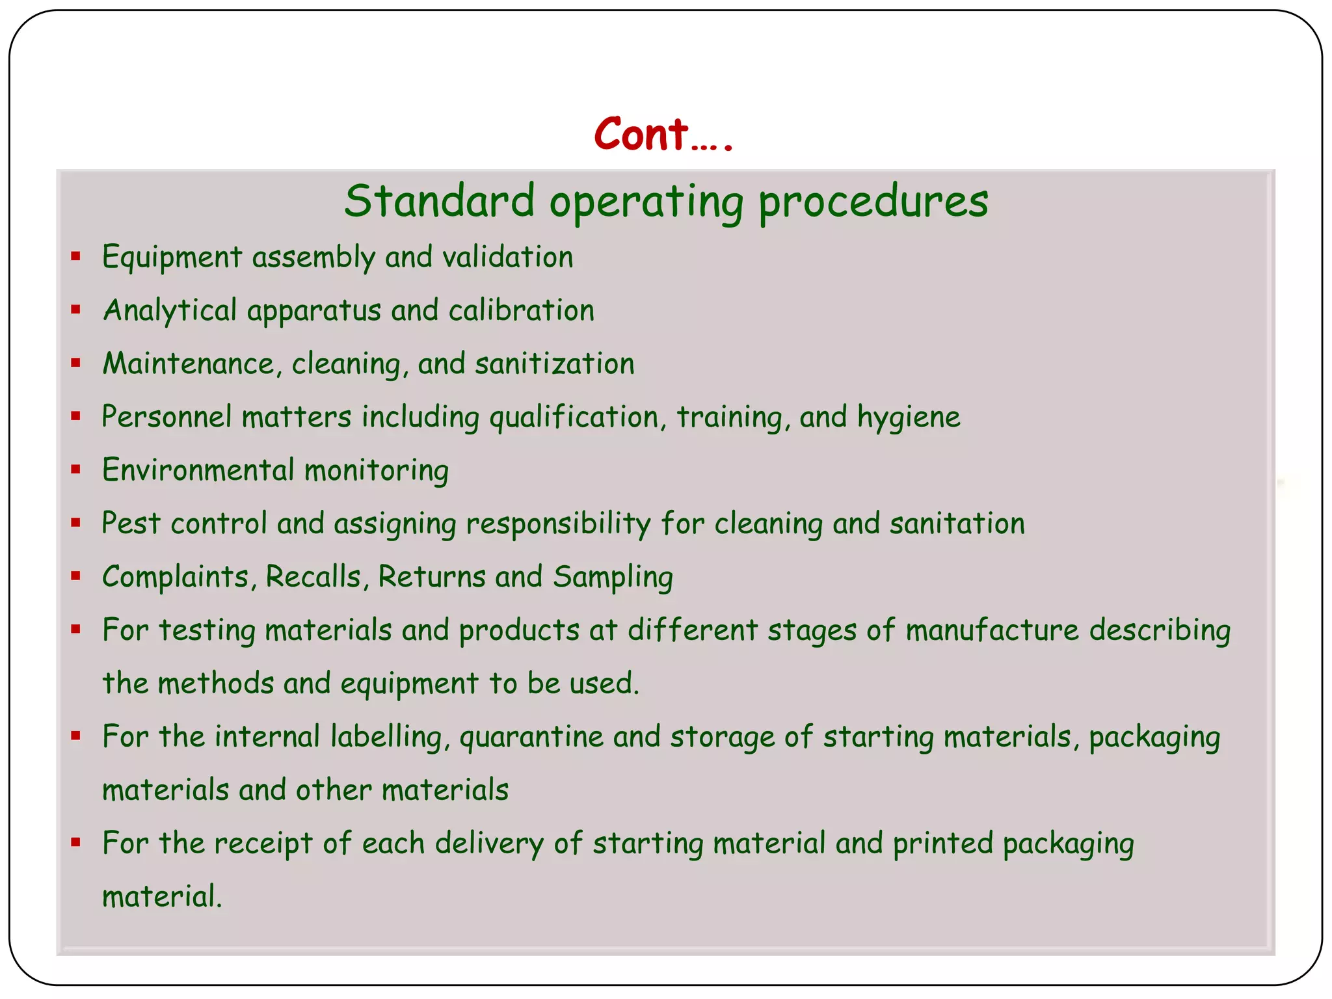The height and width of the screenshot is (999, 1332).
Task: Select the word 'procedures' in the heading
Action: coord(873,202)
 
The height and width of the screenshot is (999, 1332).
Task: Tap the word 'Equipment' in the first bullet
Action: coord(172,258)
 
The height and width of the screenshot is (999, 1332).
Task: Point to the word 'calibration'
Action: coord(522,310)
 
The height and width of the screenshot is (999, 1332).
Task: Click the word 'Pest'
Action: coord(131,524)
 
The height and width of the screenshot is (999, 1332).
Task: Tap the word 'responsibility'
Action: coord(559,524)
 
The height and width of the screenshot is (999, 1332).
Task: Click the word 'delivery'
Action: coord(489,844)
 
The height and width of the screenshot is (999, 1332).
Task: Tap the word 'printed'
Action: coord(942,844)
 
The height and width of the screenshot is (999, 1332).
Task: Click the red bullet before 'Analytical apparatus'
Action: coord(76,310)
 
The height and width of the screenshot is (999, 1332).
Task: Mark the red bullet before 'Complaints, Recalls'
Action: coord(76,576)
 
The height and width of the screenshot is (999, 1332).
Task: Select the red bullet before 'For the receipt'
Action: coord(76,842)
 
